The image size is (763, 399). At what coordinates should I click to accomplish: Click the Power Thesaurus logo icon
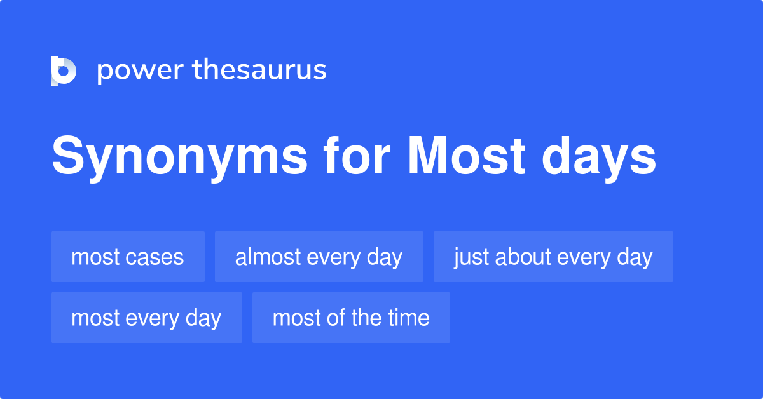click(64, 71)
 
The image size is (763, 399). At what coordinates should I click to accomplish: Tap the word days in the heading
click(598, 158)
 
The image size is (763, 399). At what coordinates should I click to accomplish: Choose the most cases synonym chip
click(127, 257)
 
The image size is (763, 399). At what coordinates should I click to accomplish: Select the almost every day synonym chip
click(319, 257)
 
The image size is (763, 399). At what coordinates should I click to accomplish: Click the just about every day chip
click(553, 257)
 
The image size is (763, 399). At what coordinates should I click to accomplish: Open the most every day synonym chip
click(146, 318)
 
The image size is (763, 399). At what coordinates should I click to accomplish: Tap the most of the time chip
click(351, 318)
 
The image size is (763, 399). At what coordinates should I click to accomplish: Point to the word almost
click(268, 257)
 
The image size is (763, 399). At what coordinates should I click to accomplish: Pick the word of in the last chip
click(338, 318)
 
